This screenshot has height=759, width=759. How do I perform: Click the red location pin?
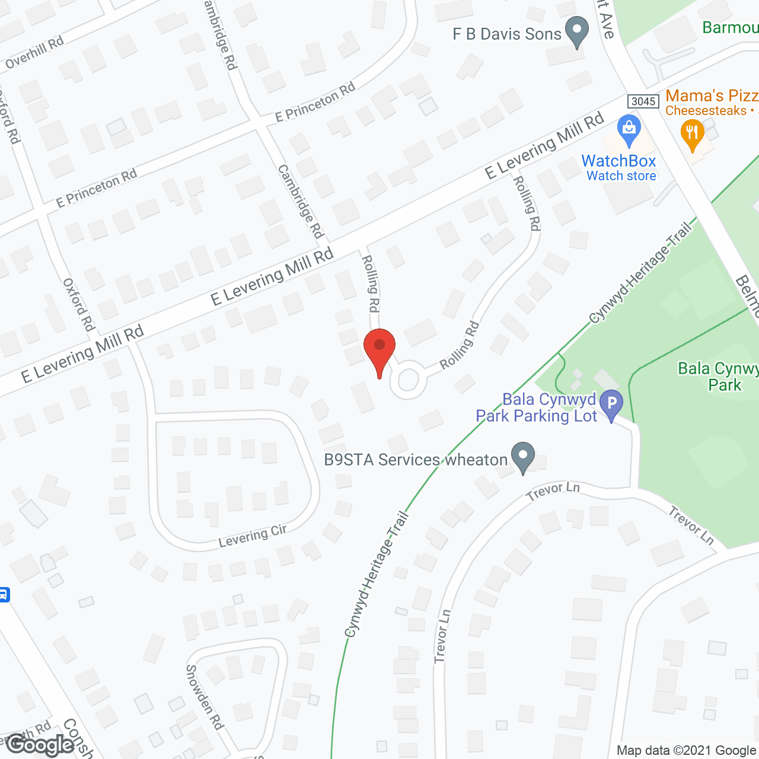click(379, 350)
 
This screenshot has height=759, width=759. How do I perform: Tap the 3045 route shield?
click(643, 101)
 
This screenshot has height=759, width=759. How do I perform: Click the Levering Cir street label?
click(253, 535)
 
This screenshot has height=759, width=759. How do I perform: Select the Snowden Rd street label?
click(205, 697)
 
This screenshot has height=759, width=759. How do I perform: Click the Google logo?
click(40, 745)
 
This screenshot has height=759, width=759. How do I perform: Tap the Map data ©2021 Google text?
click(687, 751)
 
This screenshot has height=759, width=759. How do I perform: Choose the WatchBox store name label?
click(618, 161)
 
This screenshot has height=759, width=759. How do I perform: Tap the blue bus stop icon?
click(4, 594)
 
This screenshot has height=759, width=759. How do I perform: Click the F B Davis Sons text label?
click(506, 34)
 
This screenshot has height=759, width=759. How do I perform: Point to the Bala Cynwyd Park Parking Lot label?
click(537, 408)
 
